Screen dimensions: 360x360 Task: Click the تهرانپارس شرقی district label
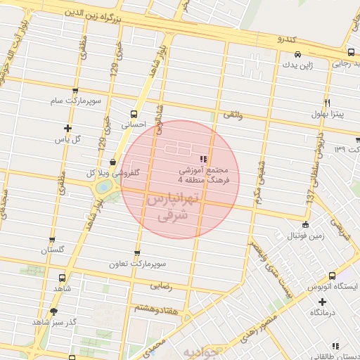[x=175, y=209]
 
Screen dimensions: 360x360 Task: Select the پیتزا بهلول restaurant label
[x=328, y=114]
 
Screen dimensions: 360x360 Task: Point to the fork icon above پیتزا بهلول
[x=327, y=103]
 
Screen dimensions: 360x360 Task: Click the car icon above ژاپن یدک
[x=298, y=54]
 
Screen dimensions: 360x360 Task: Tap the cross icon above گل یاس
[x=67, y=128]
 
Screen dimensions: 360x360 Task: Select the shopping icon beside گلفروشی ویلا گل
[x=112, y=163]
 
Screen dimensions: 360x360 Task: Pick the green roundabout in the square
[x=105, y=188]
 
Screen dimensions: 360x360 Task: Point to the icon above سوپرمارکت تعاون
[x=136, y=254]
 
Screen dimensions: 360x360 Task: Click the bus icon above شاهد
[x=63, y=278]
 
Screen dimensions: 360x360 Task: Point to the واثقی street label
[x=233, y=114]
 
